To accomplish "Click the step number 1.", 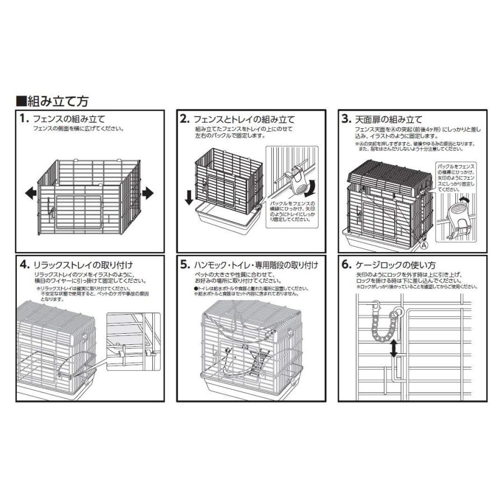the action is [23, 119].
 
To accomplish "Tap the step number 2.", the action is [184, 119].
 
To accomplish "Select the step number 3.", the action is [346, 119].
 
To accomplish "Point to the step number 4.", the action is [23, 264].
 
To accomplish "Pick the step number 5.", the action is [184, 264].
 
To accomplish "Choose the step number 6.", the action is [346, 264].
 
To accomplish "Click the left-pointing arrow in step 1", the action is [31, 194].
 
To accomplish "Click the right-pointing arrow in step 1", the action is [147, 194].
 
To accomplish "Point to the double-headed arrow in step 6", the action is [394, 349].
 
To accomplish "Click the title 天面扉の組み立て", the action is [390, 119].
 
